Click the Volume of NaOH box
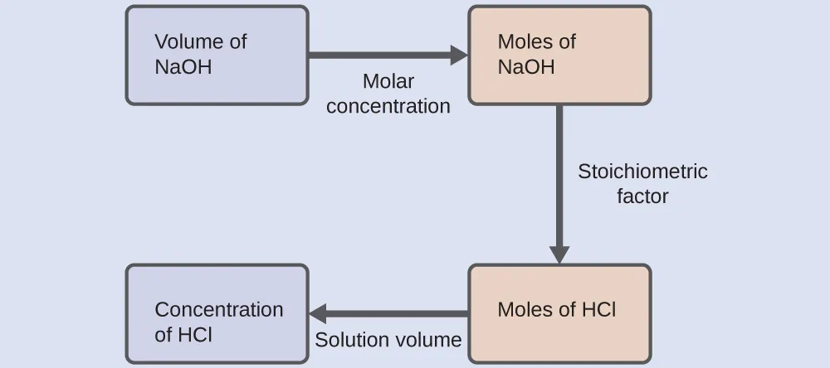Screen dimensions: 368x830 pyautogui.click(x=217, y=55)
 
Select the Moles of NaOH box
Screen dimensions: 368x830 pyautogui.click(x=559, y=55)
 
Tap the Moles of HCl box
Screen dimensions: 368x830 pyautogui.click(x=559, y=313)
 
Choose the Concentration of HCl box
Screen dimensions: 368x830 pyautogui.click(x=217, y=313)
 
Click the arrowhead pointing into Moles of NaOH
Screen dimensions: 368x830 pyautogui.click(x=459, y=56)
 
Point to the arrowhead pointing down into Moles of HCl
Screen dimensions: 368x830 pyautogui.click(x=559, y=254)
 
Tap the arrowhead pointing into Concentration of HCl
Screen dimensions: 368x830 pyautogui.click(x=319, y=314)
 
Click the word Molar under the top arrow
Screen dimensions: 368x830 pyautogui.click(x=388, y=82)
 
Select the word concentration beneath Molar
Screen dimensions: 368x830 pyautogui.click(x=388, y=106)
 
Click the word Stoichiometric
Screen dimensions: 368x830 pyautogui.click(x=642, y=172)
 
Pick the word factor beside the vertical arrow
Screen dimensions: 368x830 pyautogui.click(x=642, y=196)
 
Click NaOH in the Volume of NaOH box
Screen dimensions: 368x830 pyautogui.click(x=183, y=67)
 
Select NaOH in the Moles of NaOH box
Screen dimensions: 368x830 pyautogui.click(x=526, y=67)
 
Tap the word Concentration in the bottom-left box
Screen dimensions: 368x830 pyautogui.click(x=218, y=309)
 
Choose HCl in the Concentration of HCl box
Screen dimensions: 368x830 pyautogui.click(x=195, y=335)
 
